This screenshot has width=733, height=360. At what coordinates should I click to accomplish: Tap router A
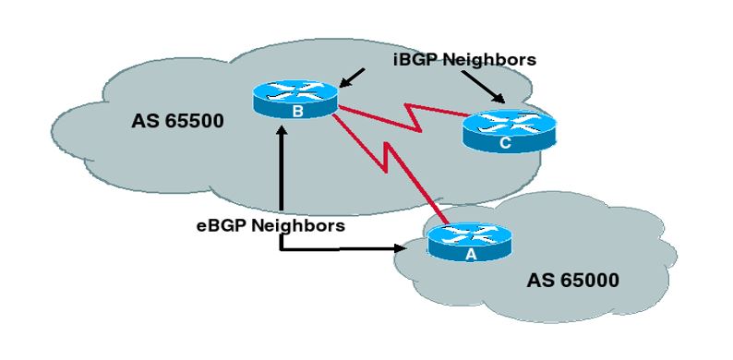click(x=468, y=243)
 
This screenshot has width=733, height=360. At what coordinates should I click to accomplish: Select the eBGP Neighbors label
click(x=284, y=224)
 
